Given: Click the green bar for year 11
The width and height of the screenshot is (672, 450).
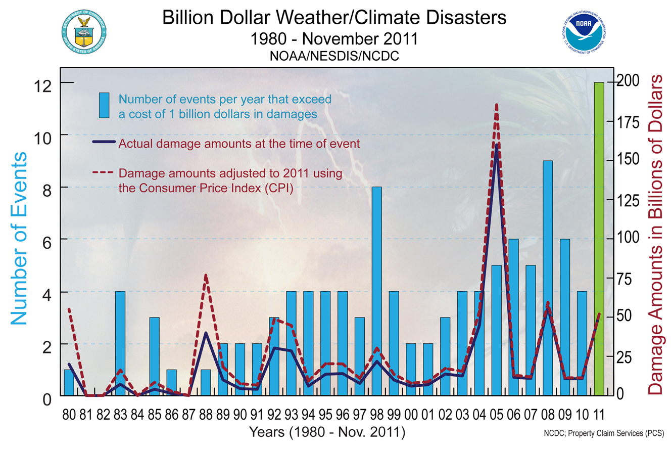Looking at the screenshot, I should (x=599, y=238).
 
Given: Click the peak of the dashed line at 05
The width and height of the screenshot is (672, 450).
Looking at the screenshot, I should (x=497, y=105).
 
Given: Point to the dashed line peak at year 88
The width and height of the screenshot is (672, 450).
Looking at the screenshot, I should (x=206, y=275).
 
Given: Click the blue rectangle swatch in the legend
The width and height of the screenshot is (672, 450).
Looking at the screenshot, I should (x=104, y=105).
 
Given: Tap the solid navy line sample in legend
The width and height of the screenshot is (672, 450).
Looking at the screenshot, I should (x=104, y=142).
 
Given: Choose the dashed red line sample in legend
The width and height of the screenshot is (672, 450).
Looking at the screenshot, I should (x=104, y=173).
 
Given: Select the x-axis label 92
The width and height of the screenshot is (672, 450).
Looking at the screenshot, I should (x=274, y=415).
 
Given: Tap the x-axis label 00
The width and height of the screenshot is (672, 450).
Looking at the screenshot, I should (x=411, y=415).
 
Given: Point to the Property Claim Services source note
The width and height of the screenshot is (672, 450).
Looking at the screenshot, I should (x=603, y=434).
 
